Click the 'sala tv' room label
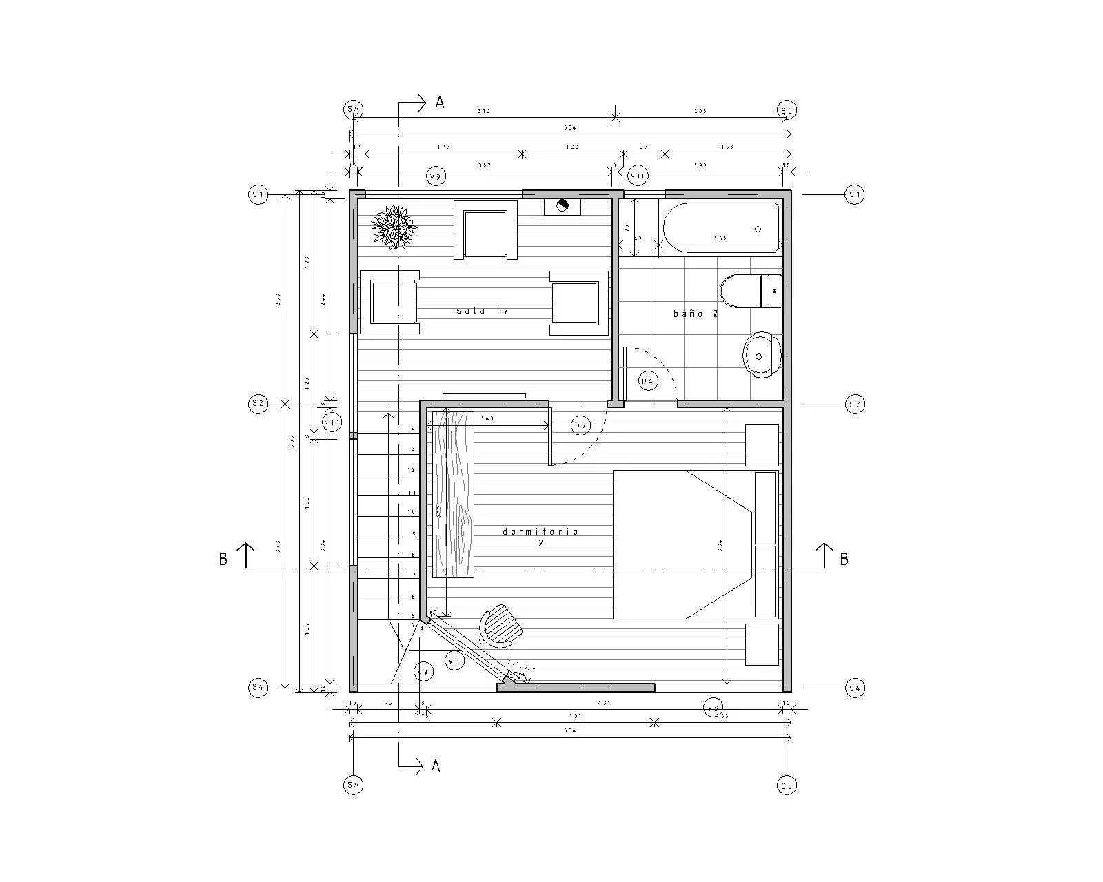pyautogui.click(x=482, y=311)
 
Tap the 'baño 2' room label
pyautogui.click(x=696, y=314)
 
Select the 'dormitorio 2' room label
pyautogui.click(x=540, y=537)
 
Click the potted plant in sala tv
pyautogui.click(x=394, y=226)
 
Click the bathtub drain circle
pyautogui.click(x=758, y=229)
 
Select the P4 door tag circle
pyautogui.click(x=648, y=381)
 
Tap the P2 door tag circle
pyautogui.click(x=581, y=427)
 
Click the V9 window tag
pyautogui.click(x=435, y=177)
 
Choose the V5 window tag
pyautogui.click(x=454, y=661)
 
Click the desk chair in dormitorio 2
pyautogui.click(x=502, y=626)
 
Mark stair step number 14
pyautogui.click(x=411, y=429)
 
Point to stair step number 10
pyautogui.click(x=411, y=512)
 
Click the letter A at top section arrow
pyautogui.click(x=440, y=103)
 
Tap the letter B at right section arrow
pyautogui.click(x=844, y=560)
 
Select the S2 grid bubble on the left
pyautogui.click(x=258, y=404)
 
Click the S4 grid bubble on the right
pyautogui.click(x=855, y=688)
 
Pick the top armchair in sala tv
pyautogui.click(x=485, y=230)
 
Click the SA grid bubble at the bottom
pyautogui.click(x=354, y=786)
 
